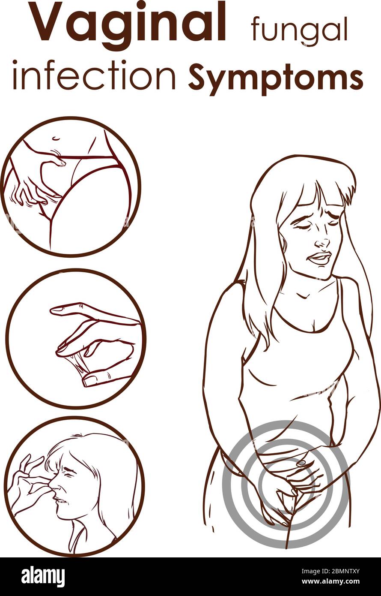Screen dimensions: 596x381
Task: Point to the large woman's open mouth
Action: (319, 259)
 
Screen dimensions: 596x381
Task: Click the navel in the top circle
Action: (56, 138)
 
